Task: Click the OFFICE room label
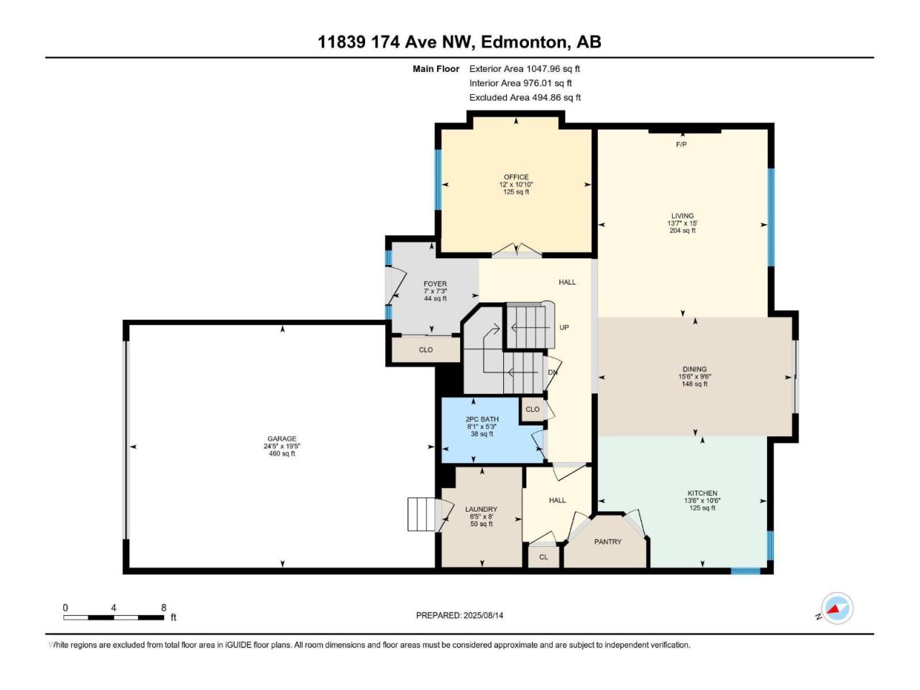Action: pyautogui.click(x=516, y=177)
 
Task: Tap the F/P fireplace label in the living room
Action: pyautogui.click(x=681, y=144)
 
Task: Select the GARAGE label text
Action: pyautogui.click(x=282, y=438)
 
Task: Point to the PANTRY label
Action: pyautogui.click(x=608, y=542)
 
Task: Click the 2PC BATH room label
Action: pyautogui.click(x=482, y=419)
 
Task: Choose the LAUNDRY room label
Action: pyautogui.click(x=481, y=510)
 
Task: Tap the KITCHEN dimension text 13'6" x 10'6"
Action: pyautogui.click(x=702, y=501)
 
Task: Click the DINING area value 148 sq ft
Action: pyautogui.click(x=694, y=384)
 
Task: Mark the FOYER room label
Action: pyautogui.click(x=435, y=284)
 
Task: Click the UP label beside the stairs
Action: pyautogui.click(x=564, y=327)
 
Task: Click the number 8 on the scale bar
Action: pyautogui.click(x=163, y=607)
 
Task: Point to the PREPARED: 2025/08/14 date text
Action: pyautogui.click(x=459, y=615)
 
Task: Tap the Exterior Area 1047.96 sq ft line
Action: pyautogui.click(x=525, y=69)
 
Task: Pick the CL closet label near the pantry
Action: pyautogui.click(x=543, y=557)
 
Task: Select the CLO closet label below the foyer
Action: pyautogui.click(x=425, y=350)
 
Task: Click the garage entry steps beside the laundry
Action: pyautogui.click(x=422, y=514)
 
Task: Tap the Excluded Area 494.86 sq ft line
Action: pyautogui.click(x=525, y=98)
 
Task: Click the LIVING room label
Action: pyautogui.click(x=682, y=216)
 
